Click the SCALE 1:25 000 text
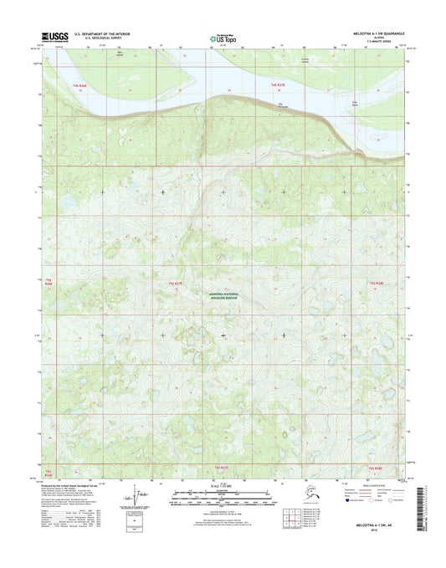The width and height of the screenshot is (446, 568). [222, 486]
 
